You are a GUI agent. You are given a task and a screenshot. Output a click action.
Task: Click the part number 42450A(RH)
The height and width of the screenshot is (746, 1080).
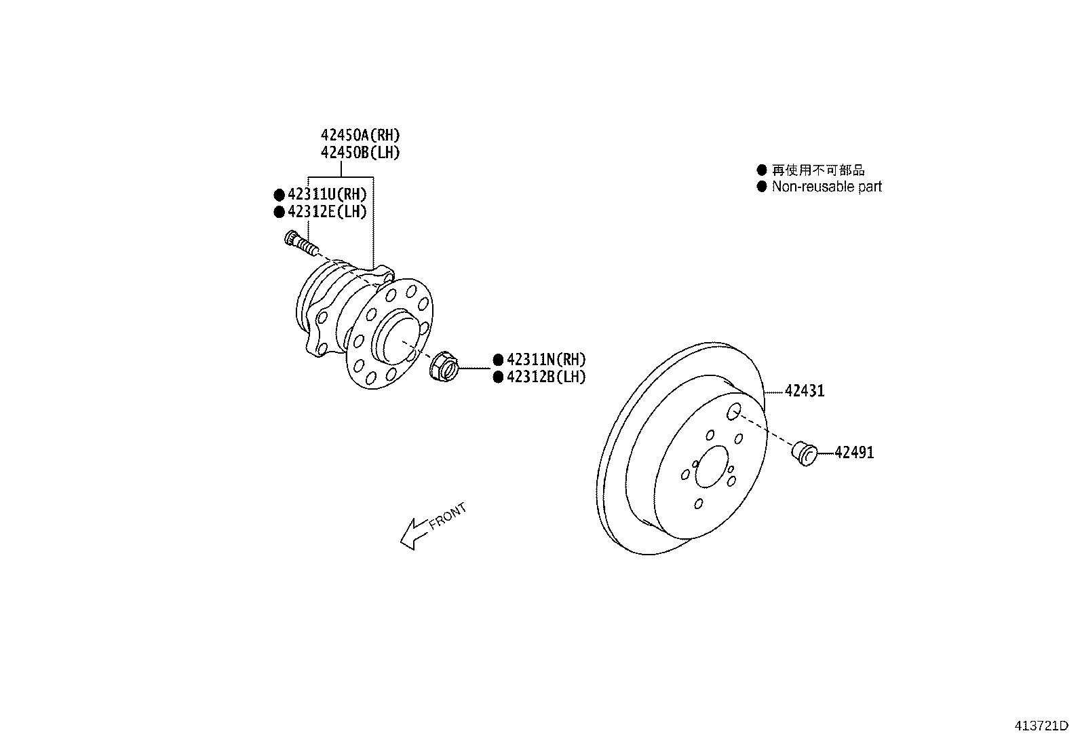[x=360, y=135]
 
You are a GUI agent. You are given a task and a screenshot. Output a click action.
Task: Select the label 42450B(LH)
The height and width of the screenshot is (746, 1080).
[x=360, y=153]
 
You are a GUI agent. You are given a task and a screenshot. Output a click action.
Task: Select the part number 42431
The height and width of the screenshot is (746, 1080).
[x=805, y=391]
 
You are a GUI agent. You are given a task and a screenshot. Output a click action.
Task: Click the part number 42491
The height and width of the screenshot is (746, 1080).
[x=854, y=453]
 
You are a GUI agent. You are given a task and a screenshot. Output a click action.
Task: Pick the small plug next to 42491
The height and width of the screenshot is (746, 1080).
[x=805, y=453]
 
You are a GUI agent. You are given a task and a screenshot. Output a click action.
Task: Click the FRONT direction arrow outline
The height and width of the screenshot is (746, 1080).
[x=412, y=534]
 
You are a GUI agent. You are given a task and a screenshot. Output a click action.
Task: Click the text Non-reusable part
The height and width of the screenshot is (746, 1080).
[x=826, y=187]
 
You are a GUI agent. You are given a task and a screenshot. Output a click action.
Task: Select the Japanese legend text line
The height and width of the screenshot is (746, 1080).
[x=818, y=170]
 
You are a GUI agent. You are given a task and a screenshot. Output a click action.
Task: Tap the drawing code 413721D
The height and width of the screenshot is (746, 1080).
[x=1041, y=726]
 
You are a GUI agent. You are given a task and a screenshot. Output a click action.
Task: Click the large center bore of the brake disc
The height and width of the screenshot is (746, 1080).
[x=710, y=466]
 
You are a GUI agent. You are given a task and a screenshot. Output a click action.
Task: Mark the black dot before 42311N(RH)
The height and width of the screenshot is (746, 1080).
[x=498, y=360]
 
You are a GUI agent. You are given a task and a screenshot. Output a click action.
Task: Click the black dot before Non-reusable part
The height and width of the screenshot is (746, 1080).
[x=761, y=187]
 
